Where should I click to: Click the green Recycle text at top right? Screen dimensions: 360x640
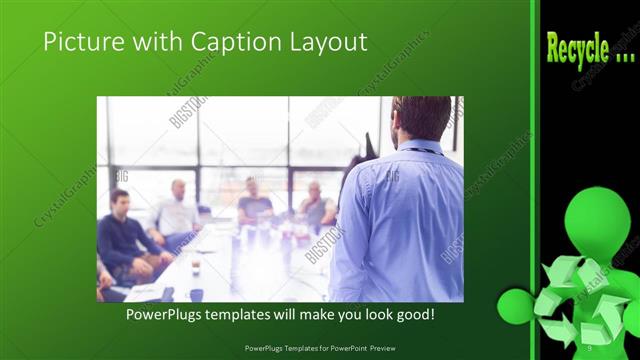coord(591,48)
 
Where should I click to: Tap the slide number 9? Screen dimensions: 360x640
coord(590,347)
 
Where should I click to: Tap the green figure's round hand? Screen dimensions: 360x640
coord(515,303)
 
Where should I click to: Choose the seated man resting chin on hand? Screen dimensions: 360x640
coord(315,204)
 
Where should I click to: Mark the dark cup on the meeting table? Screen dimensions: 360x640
coord(196,267)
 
